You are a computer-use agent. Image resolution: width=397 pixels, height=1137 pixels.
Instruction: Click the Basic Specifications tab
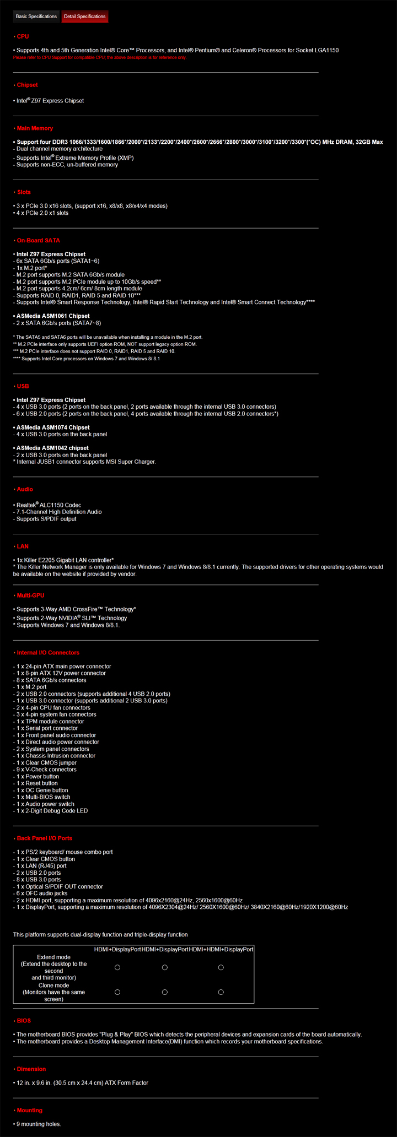[x=36, y=17]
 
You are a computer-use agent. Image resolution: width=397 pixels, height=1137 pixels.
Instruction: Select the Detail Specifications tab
[x=84, y=17]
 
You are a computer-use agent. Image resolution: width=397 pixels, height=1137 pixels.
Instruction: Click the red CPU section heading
[x=23, y=36]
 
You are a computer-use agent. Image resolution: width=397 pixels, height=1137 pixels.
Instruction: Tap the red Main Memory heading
[x=35, y=128]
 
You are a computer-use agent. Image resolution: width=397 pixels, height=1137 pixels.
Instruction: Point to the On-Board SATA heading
[x=38, y=241]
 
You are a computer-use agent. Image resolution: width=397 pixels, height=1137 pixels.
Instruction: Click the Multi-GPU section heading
[x=30, y=595]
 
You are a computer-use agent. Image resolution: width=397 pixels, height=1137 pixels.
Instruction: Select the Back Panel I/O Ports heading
[x=44, y=838]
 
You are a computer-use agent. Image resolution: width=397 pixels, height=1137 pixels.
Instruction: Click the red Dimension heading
[x=31, y=1069]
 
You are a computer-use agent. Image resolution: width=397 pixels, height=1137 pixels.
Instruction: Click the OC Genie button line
[x=42, y=791]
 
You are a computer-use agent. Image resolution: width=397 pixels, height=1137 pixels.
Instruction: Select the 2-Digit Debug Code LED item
[x=52, y=811]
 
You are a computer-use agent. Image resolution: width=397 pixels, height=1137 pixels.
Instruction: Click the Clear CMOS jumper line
[x=47, y=763]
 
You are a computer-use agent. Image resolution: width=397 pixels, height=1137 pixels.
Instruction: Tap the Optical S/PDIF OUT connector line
[x=60, y=887]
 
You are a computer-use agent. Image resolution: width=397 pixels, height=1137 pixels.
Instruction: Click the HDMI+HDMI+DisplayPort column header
[x=221, y=950]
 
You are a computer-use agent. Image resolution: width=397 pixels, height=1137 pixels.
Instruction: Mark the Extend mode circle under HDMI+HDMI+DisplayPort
[x=221, y=967]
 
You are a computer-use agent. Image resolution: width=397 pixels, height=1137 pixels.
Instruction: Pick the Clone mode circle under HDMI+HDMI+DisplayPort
[x=221, y=992]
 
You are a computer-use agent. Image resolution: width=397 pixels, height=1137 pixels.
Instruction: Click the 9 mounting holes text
[x=39, y=1124]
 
